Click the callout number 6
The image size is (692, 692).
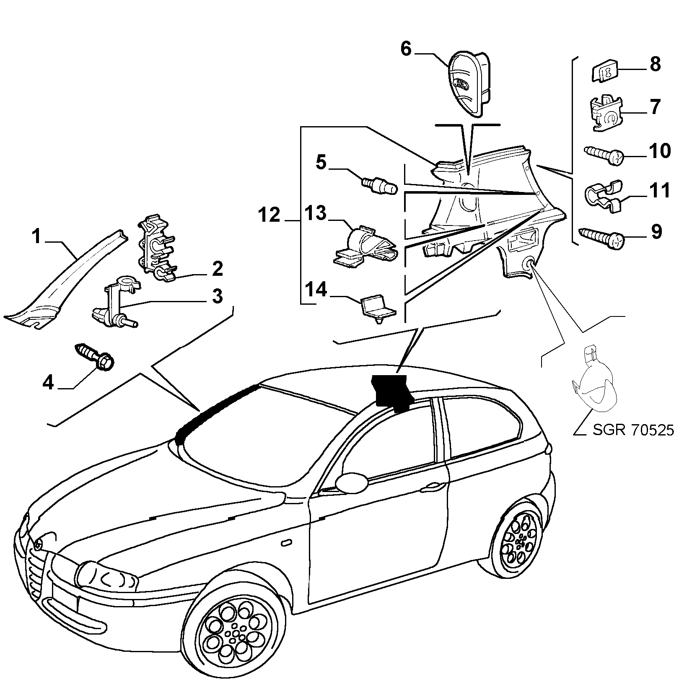click(x=406, y=49)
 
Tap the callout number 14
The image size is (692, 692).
click(x=316, y=290)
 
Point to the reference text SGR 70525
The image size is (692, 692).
click(x=633, y=430)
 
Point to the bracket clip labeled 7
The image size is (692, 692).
click(x=607, y=114)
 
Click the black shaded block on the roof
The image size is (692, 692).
click(x=392, y=391)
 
